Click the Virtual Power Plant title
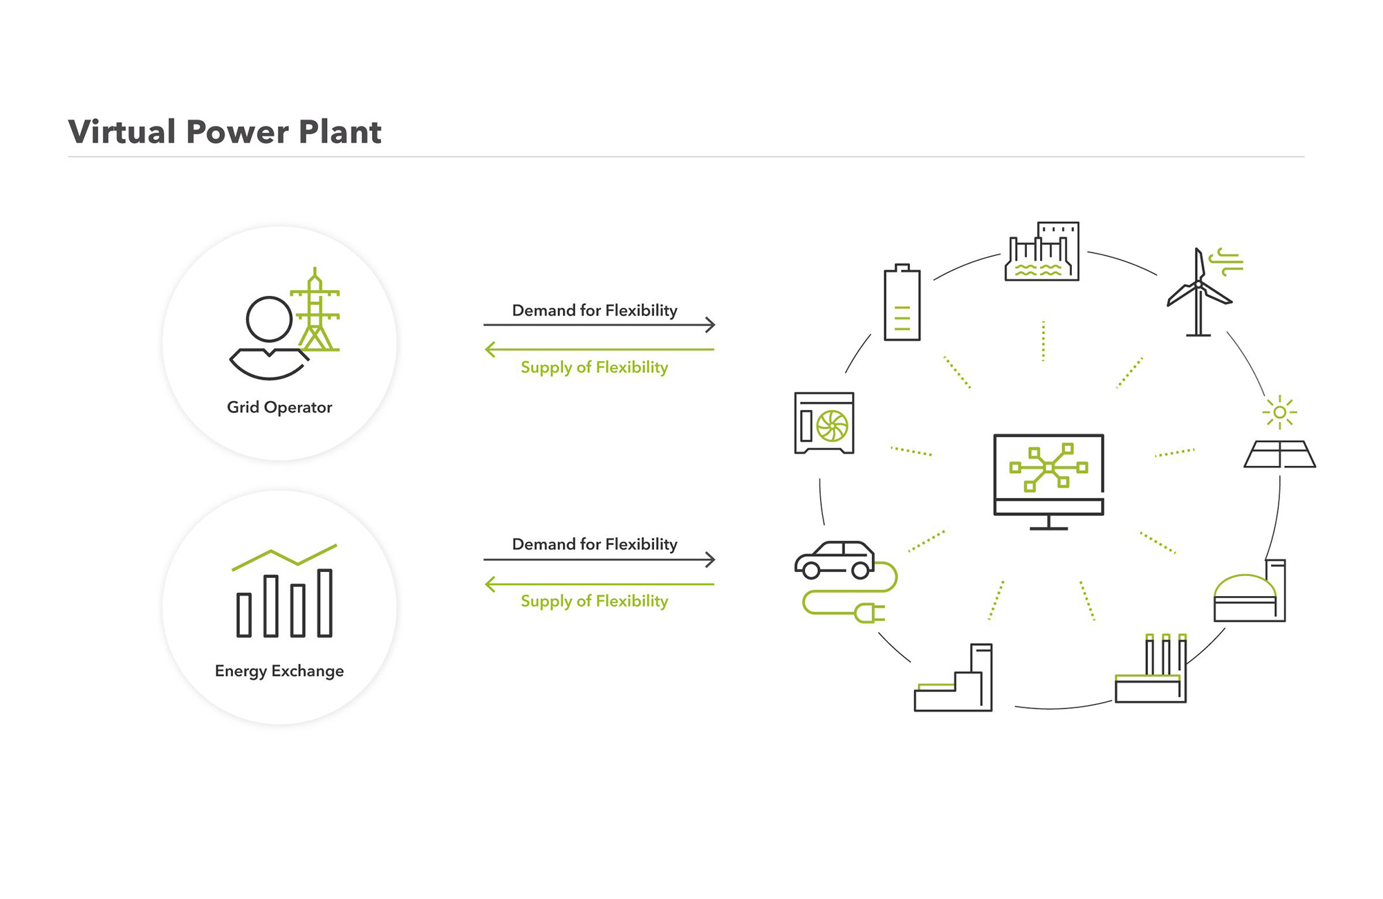click(x=225, y=131)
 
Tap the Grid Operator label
click(x=279, y=407)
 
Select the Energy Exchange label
click(x=279, y=671)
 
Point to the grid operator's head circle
click(x=269, y=319)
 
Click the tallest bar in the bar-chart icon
click(x=325, y=602)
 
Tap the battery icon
click(x=902, y=302)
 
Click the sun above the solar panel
click(x=1279, y=413)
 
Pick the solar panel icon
click(x=1279, y=454)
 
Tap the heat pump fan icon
click(x=832, y=426)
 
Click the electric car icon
click(x=835, y=560)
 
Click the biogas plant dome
click(x=1245, y=586)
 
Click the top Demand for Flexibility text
click(x=595, y=311)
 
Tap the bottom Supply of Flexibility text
click(x=595, y=601)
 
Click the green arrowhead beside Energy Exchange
click(x=490, y=584)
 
